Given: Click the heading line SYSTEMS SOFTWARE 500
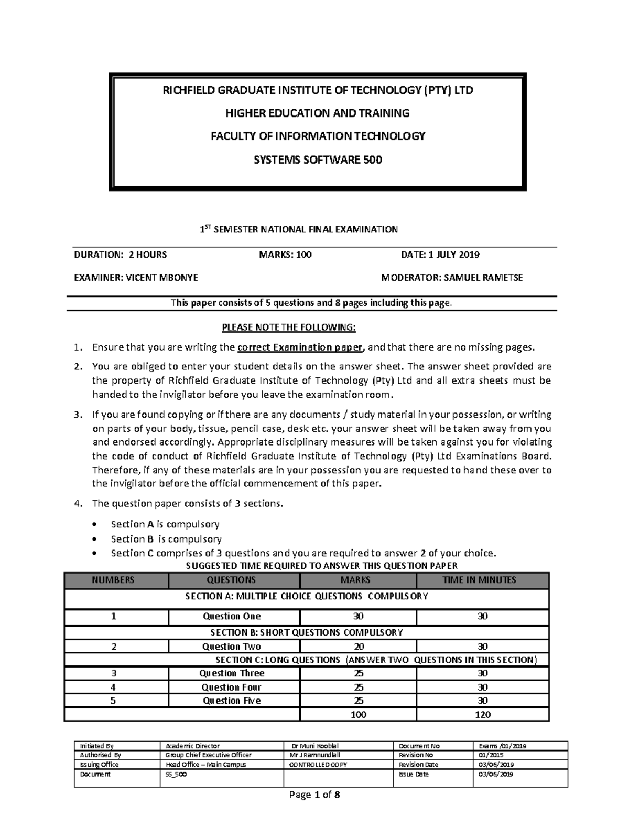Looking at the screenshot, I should [x=318, y=160].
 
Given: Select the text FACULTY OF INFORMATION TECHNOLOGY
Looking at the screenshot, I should [x=318, y=136].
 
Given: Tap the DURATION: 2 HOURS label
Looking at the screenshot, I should [x=120, y=255].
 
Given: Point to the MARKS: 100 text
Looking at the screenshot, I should [x=285, y=255].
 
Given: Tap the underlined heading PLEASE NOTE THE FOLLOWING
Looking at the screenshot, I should [x=289, y=328].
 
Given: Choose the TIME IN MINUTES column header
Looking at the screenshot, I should [x=483, y=580].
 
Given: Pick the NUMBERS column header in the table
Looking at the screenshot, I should [x=113, y=580].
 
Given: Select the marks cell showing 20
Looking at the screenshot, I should [x=359, y=647].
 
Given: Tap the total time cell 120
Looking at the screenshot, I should [x=483, y=714].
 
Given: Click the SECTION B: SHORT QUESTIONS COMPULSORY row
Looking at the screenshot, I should [x=307, y=632].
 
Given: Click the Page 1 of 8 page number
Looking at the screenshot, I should [x=314, y=795].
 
